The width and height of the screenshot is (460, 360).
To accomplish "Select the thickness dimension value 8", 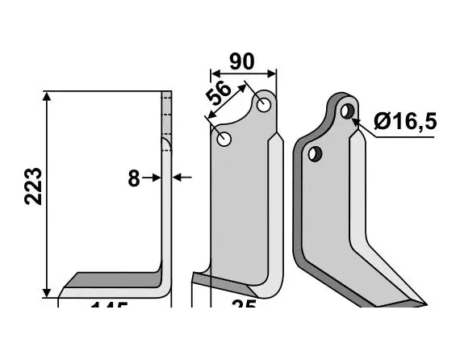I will tap(134, 178).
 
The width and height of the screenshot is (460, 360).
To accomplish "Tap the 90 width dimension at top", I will tap(241, 62).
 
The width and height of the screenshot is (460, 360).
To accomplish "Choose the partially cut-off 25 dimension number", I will tap(243, 309).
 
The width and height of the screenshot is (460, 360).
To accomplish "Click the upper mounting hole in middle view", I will tap(263, 105).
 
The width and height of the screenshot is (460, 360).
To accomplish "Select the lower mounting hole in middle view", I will tap(224, 139).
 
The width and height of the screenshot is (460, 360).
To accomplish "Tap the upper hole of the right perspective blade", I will tap(347, 110).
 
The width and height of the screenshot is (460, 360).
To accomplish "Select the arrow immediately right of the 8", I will tap(155, 178).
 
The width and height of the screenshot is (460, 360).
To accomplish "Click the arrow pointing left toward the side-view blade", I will tap(182, 178).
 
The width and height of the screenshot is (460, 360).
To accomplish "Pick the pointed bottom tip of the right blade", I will tap(419, 304).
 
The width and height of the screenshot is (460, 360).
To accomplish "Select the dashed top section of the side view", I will tap(167, 113).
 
